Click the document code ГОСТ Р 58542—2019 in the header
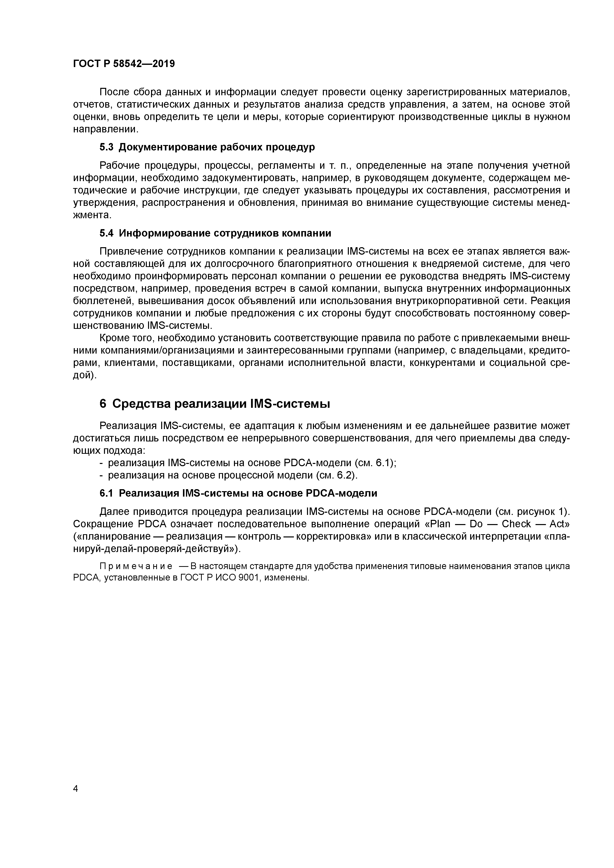click(124, 64)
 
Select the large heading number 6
click(103, 404)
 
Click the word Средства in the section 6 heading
click(141, 404)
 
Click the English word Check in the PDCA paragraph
click(516, 524)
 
